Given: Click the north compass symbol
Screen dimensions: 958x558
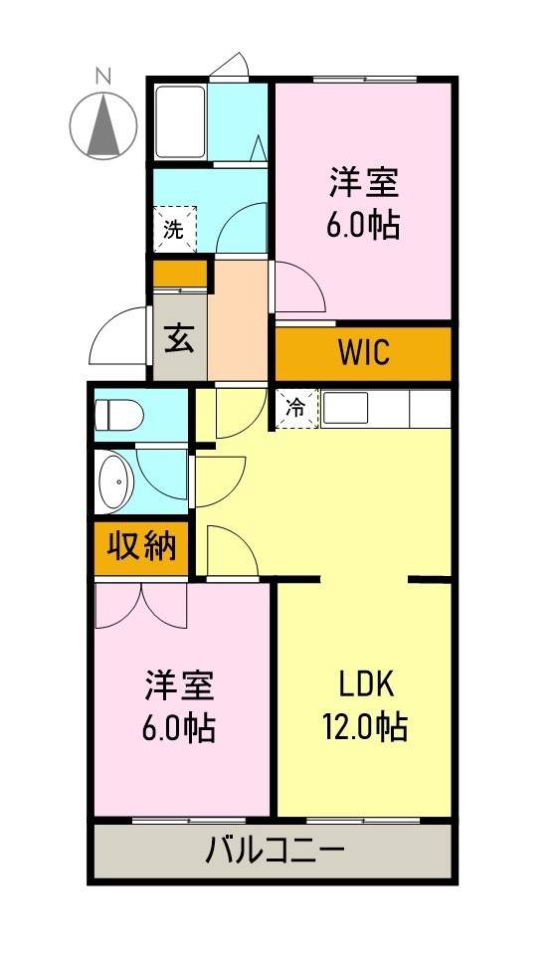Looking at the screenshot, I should click(x=103, y=125).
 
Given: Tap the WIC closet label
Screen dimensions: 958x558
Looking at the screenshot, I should click(x=363, y=352).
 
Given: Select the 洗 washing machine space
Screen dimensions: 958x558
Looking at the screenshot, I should click(x=174, y=230).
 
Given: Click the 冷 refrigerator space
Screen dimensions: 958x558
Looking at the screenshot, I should click(x=296, y=408).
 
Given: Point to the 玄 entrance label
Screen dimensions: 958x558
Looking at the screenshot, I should click(x=179, y=338).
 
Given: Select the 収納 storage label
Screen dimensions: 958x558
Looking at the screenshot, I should click(x=141, y=546).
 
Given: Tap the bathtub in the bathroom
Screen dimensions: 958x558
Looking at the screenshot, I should click(x=179, y=121).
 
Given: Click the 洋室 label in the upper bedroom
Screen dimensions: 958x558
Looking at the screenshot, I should click(x=364, y=183).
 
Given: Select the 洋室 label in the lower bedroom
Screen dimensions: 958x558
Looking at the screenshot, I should click(x=180, y=685).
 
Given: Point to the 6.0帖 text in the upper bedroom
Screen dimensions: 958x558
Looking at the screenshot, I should click(x=364, y=226).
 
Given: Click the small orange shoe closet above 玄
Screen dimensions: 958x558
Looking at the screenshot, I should click(x=179, y=273).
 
